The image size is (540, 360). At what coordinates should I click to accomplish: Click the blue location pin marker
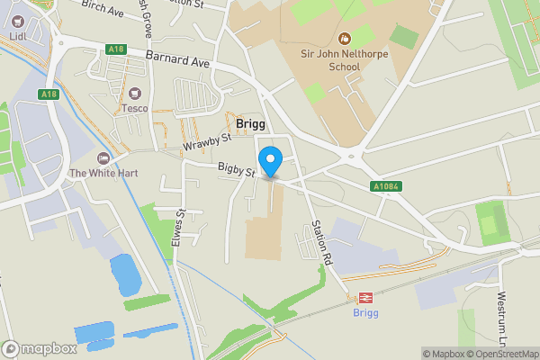pyautogui.click(x=271, y=161)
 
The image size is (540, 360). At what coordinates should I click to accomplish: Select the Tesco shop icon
pyautogui.click(x=135, y=94)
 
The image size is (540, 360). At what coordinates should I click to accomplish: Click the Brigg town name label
pyautogui.click(x=250, y=123)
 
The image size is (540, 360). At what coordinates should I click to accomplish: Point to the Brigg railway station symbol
pyautogui.click(x=366, y=298)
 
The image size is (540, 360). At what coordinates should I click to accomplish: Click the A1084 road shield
pyautogui.click(x=385, y=186)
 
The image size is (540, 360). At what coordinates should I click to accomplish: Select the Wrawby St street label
pyautogui.click(x=207, y=142)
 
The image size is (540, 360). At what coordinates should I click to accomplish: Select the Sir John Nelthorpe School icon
pyautogui.click(x=344, y=39)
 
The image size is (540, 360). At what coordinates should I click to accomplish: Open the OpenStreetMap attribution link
pyautogui.click(x=499, y=354)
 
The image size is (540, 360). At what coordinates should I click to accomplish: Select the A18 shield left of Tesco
pyautogui.click(x=48, y=94)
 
